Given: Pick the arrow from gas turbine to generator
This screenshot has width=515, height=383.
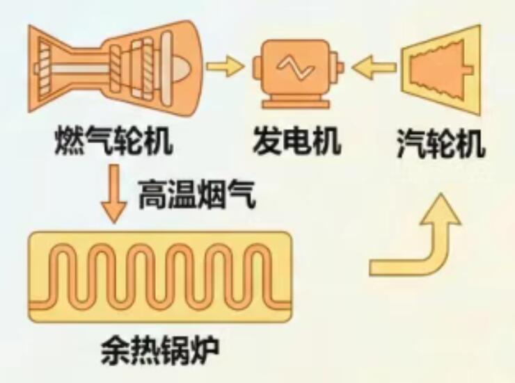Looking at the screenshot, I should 225,67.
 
